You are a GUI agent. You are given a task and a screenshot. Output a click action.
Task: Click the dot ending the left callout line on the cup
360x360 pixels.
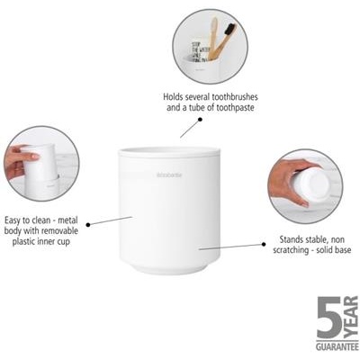point(132,216)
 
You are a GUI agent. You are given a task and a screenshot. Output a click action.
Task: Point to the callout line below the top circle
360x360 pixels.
point(189,127)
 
